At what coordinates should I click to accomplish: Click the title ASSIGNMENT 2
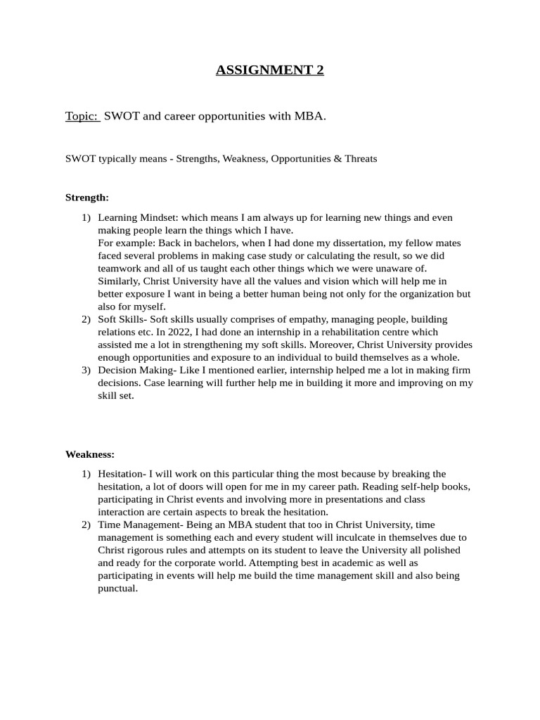(269, 70)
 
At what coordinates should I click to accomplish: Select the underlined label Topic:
(82, 116)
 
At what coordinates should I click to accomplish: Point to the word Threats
(361, 159)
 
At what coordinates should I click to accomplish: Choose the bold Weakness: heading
(90, 454)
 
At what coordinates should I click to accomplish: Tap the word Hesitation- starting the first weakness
(123, 474)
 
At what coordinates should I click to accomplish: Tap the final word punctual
(117, 588)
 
